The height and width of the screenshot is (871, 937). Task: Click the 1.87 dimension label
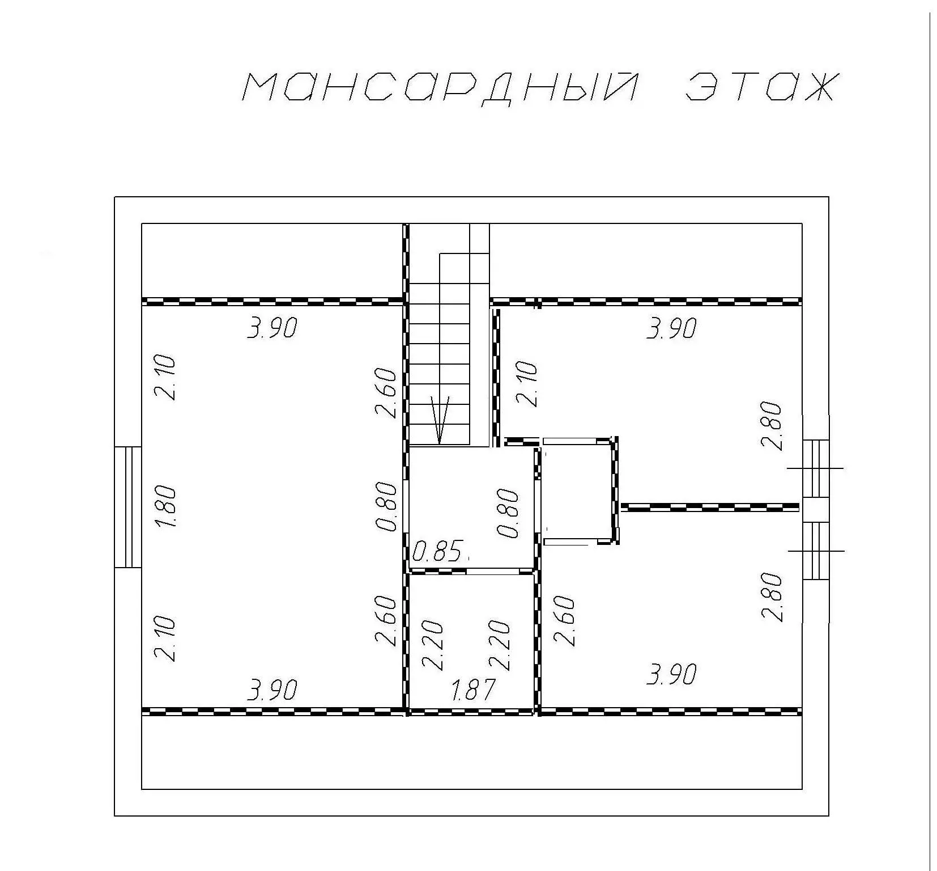[x=473, y=690]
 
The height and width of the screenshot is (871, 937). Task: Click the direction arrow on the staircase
[x=440, y=420]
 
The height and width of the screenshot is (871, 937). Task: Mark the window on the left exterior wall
[x=128, y=507]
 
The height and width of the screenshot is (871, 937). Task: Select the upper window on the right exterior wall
[x=816, y=468]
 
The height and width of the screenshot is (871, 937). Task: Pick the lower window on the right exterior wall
[x=816, y=551]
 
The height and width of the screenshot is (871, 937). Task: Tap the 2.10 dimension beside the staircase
[x=527, y=384]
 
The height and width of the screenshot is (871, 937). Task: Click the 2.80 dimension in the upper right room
[x=773, y=425]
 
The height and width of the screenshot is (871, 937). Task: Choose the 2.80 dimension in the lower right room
[x=773, y=597]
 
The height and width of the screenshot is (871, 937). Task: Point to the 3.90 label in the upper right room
[x=671, y=328]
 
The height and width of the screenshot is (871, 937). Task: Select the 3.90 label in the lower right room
[x=671, y=674]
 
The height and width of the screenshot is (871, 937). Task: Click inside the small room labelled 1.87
[x=472, y=641]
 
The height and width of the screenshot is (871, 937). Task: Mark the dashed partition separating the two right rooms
[x=710, y=506]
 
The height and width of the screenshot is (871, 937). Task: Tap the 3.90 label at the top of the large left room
[x=272, y=328]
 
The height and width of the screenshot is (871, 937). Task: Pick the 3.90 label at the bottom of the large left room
[x=272, y=690]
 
